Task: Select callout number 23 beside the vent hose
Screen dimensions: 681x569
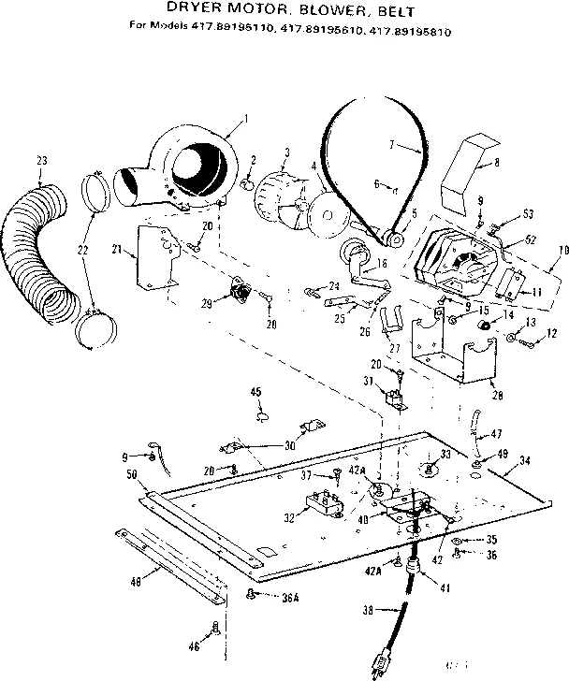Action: tap(40, 162)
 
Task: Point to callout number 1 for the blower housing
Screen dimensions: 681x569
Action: tap(244, 118)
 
